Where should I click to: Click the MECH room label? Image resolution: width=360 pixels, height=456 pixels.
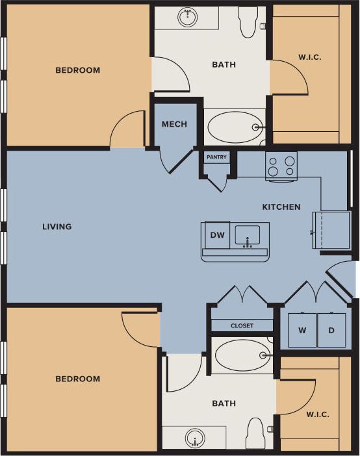coord(174,125)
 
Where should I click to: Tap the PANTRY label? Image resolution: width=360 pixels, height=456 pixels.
coord(216,157)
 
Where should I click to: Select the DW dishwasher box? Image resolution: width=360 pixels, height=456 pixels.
coord(218,236)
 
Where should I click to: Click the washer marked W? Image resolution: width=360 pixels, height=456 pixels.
coord(302,330)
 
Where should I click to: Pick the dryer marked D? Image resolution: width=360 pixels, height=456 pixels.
coord(331,330)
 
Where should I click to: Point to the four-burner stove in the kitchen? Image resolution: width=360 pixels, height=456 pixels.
coord(281,166)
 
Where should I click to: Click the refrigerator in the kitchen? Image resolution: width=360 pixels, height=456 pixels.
coord(331,230)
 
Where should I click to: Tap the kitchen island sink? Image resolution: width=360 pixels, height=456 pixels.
coord(247,235)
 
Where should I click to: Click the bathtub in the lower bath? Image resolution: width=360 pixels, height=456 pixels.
coord(242,355)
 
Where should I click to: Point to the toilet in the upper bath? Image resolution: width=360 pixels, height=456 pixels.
coord(248,21)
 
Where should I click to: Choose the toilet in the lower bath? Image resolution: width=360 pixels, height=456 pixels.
coord(255,433)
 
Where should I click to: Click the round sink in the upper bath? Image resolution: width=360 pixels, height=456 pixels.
coord(188,18)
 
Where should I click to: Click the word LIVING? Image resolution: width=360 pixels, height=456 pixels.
coord(57,227)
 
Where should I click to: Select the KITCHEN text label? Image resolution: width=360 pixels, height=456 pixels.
coord(281,207)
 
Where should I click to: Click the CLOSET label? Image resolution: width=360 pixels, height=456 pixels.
coord(242,325)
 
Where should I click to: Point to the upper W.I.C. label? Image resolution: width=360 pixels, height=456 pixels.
coord(310,57)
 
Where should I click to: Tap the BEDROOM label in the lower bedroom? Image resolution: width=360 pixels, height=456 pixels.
coord(77,379)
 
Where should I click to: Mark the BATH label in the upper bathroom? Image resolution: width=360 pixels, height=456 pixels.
coord(224,65)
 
